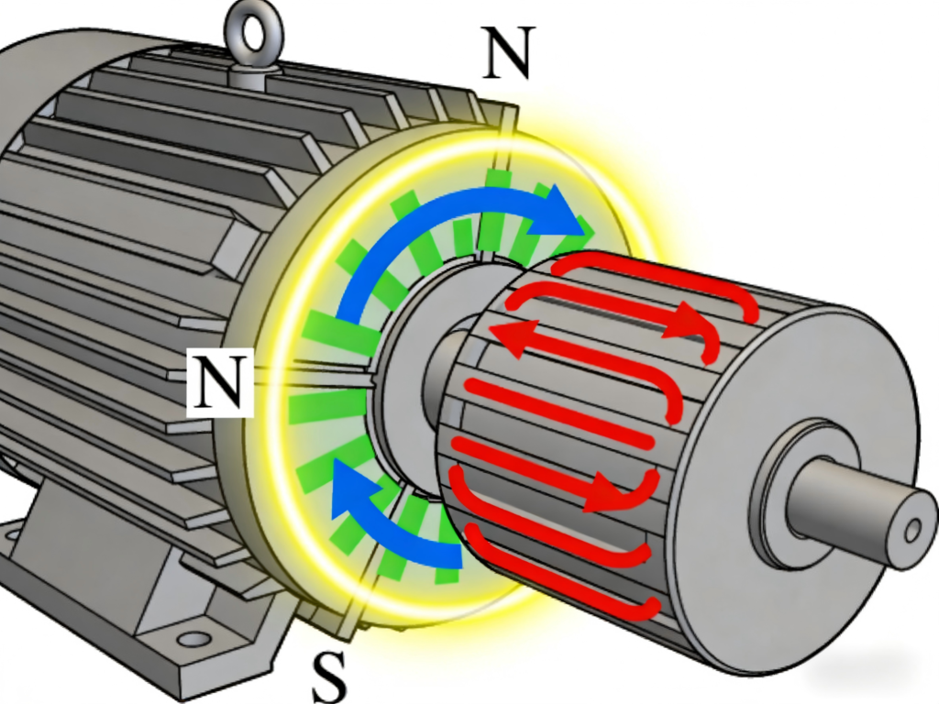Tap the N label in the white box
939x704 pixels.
[x=220, y=381]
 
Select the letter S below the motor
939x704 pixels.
[x=327, y=676]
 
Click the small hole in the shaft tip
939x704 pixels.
[x=912, y=531]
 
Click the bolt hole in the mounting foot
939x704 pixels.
[x=193, y=639]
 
